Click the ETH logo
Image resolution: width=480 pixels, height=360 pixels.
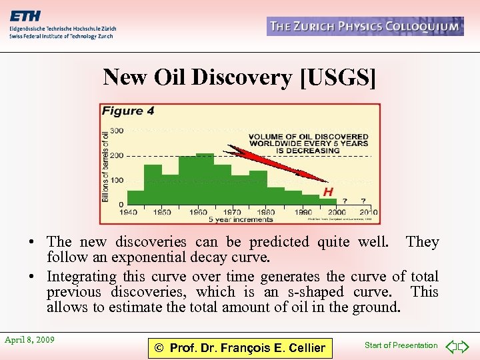pyautogui.click(x=25, y=17)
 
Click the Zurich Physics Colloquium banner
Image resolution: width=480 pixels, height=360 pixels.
pyautogui.click(x=365, y=27)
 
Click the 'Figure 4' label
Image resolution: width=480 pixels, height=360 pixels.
pyautogui.click(x=128, y=111)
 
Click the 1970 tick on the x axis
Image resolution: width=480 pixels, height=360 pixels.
pyautogui.click(x=232, y=212)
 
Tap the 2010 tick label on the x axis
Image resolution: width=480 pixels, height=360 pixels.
pyautogui.click(x=367, y=212)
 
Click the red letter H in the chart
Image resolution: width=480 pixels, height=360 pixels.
pyautogui.click(x=328, y=192)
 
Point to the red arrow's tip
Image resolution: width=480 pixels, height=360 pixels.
pyautogui.click(x=327, y=181)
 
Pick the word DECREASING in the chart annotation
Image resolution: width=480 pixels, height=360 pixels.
pyautogui.click(x=307, y=151)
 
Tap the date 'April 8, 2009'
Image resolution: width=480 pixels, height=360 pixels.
pyautogui.click(x=29, y=340)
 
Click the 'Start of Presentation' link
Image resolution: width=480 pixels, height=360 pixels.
pyautogui.click(x=401, y=345)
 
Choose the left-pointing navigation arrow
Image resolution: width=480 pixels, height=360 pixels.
pyautogui.click(x=451, y=347)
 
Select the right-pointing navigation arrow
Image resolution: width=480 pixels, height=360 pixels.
pyautogui.click(x=464, y=347)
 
